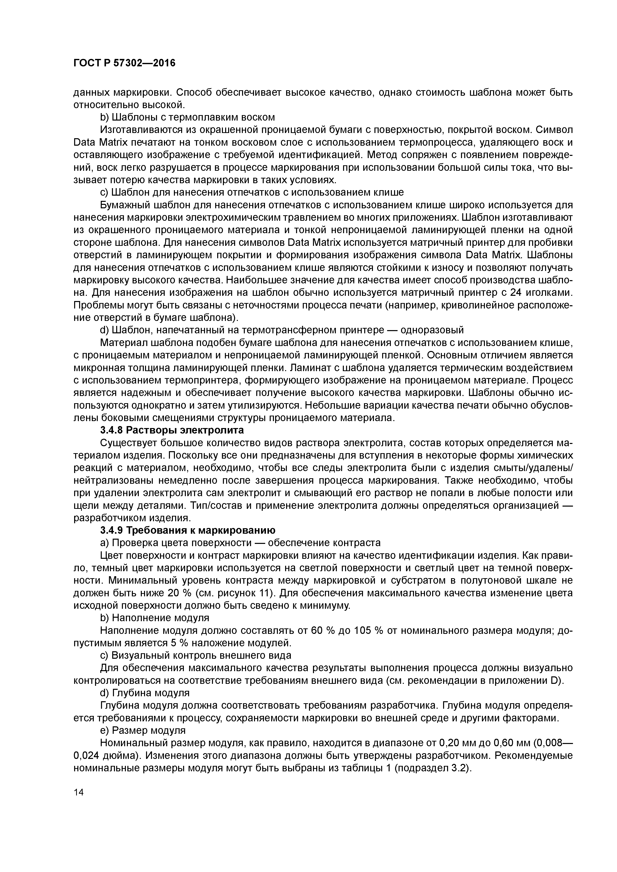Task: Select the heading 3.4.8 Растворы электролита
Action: click(172, 430)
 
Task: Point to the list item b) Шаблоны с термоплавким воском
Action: click(187, 117)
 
